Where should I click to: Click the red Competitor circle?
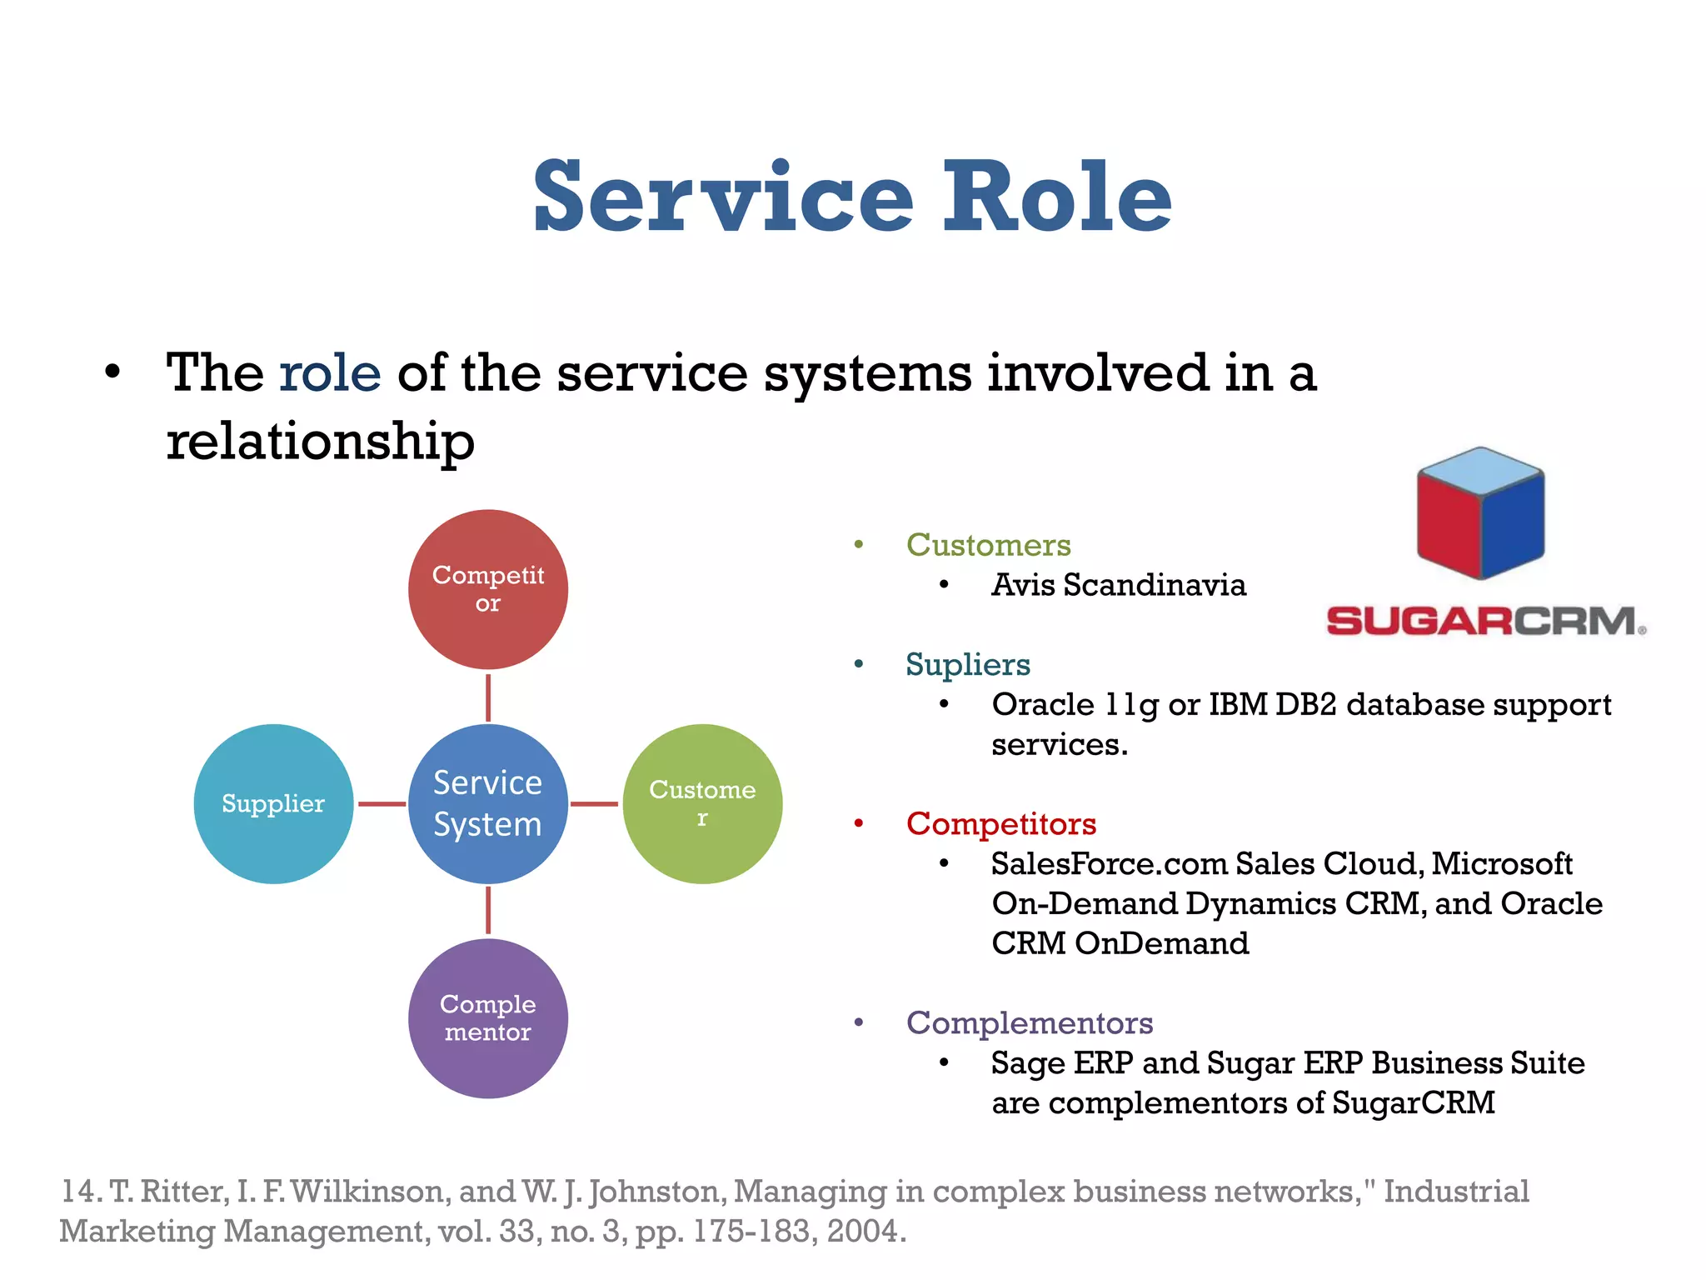pyautogui.click(x=487, y=589)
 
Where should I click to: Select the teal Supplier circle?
pyautogui.click(x=273, y=803)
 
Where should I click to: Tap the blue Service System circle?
pyautogui.click(x=487, y=803)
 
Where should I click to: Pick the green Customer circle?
pyautogui.click(x=702, y=803)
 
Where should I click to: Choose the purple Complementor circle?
pyautogui.click(x=487, y=1017)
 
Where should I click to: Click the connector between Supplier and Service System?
pyautogui.click(x=382, y=804)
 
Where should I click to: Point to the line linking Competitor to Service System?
pyautogui.click(x=488, y=697)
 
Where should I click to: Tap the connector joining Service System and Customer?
pyautogui.click(x=595, y=804)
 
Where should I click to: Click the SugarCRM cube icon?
pyautogui.click(x=1480, y=513)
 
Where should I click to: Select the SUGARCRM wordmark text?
pyautogui.click(x=1485, y=622)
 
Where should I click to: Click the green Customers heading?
pyautogui.click(x=988, y=545)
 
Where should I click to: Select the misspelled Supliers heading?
pyautogui.click(x=968, y=665)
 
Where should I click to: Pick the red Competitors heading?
pyautogui.click(x=1000, y=824)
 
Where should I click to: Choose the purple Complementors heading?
pyautogui.click(x=1030, y=1023)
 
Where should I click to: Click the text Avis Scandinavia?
pyautogui.click(x=1118, y=585)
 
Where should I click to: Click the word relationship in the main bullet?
pyautogui.click(x=320, y=441)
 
